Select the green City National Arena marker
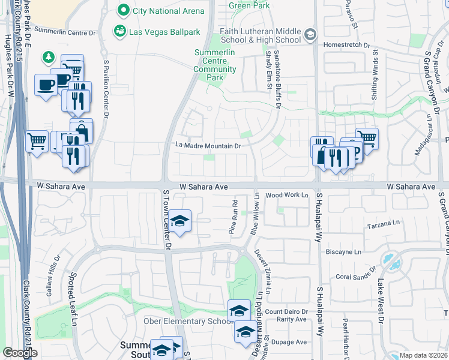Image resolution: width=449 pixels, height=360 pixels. pyautogui.click(x=124, y=10)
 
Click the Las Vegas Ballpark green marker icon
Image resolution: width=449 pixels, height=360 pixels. pyautogui.click(x=120, y=30)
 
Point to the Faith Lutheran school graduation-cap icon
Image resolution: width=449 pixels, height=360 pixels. pyautogui.click(x=310, y=34)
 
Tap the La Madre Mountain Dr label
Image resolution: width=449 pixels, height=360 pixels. pyautogui.click(x=208, y=145)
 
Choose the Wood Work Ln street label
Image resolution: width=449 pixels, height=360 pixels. pyautogui.click(x=286, y=195)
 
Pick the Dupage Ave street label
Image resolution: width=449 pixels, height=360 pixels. pyautogui.click(x=291, y=342)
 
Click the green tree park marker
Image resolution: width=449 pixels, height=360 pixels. pyautogui.click(x=47, y=58)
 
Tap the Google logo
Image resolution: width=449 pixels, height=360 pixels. pyautogui.click(x=20, y=352)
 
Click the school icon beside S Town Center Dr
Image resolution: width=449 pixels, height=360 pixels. pyautogui.click(x=179, y=221)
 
